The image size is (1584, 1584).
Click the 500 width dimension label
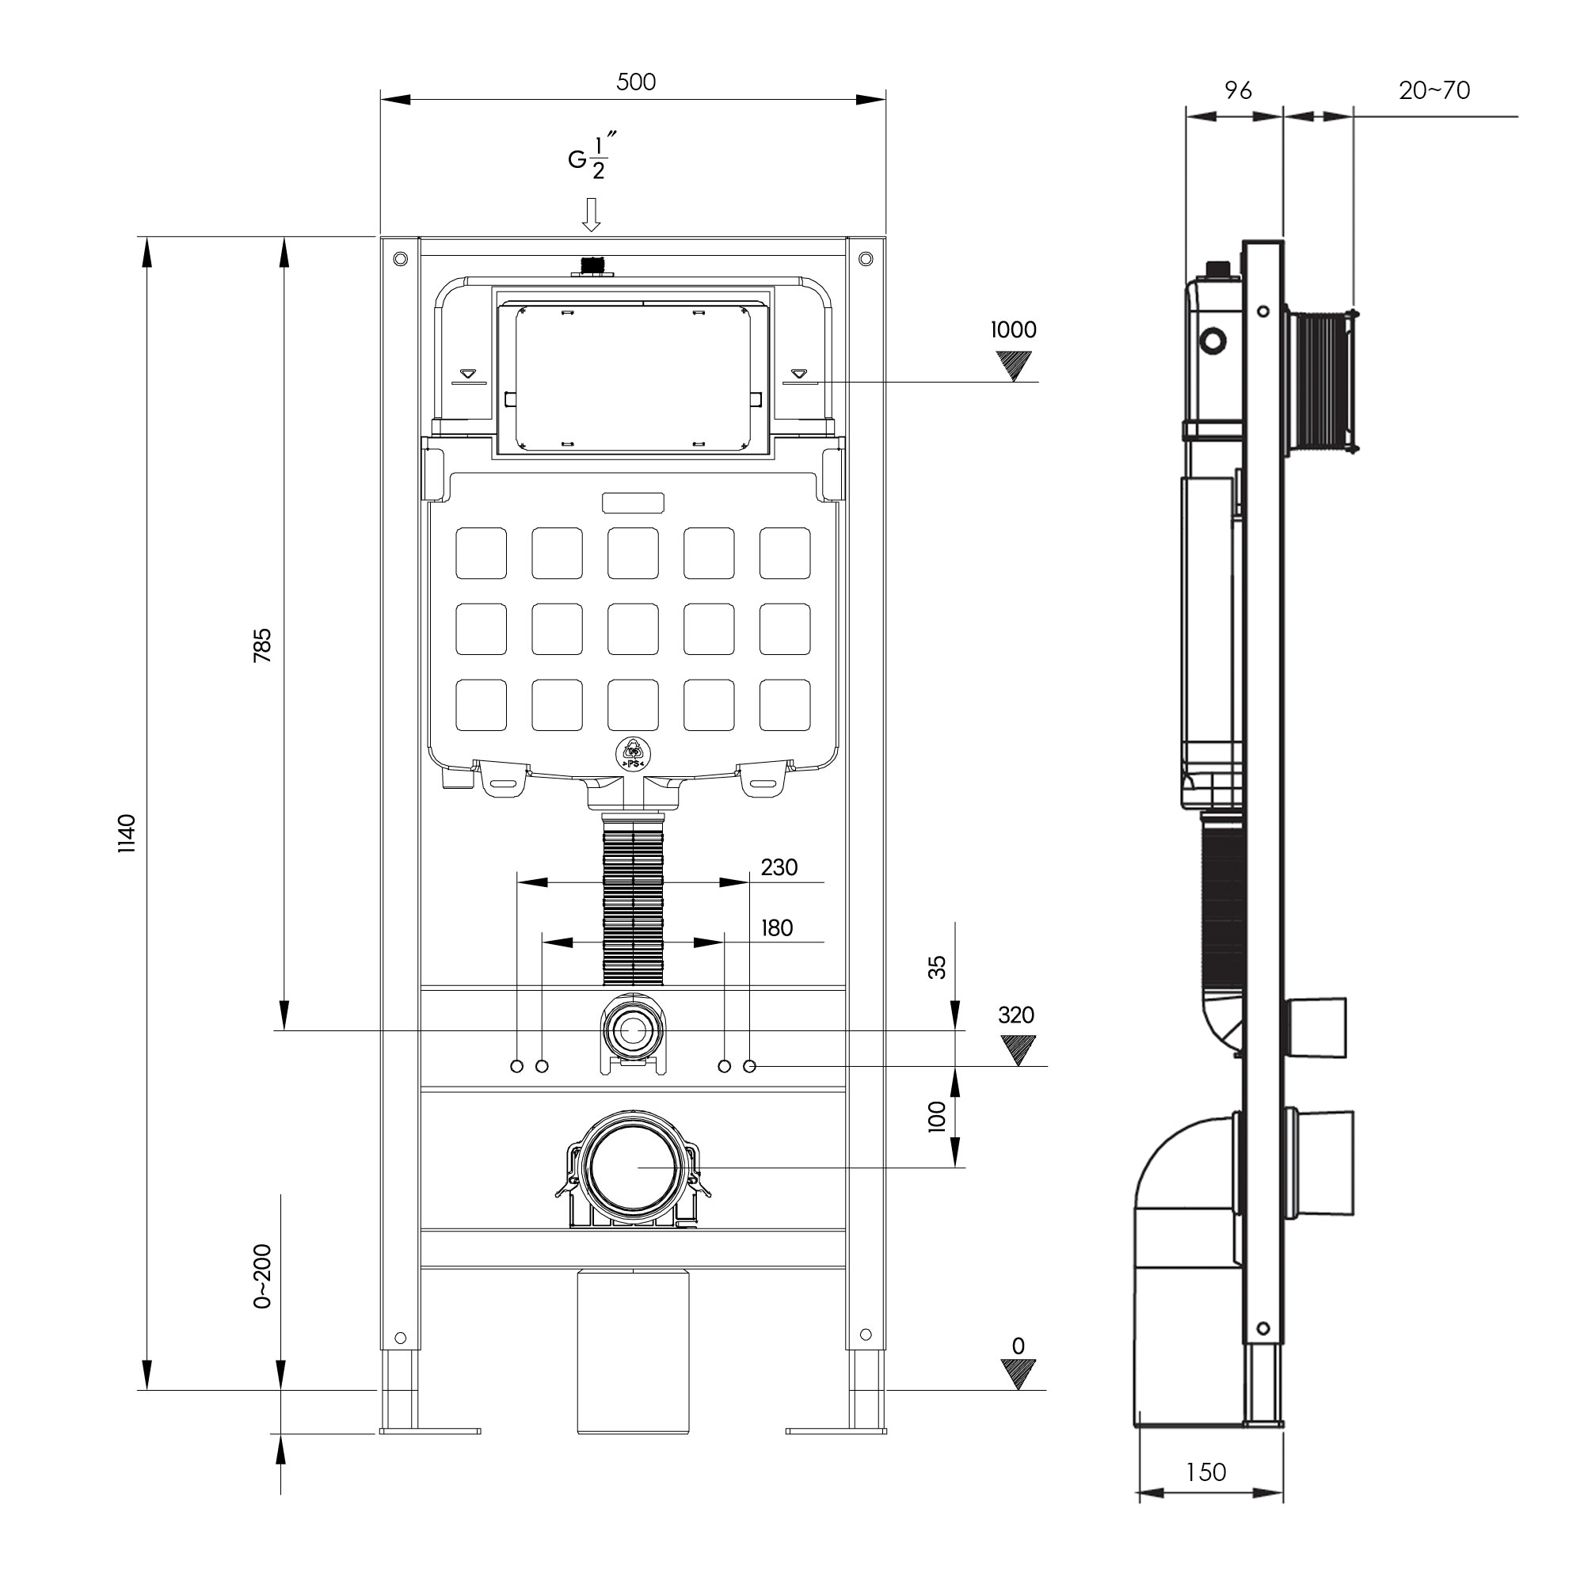(635, 82)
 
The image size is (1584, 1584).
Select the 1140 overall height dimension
(126, 834)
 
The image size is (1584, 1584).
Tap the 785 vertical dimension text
(261, 645)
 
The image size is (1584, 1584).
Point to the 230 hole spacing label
(778, 867)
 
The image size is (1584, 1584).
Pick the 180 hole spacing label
(776, 928)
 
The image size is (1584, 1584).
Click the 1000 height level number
(1014, 329)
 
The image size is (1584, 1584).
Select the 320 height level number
(1016, 1015)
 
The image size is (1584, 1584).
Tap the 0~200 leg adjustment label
(261, 1277)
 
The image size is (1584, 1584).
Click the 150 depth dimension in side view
(1206, 1472)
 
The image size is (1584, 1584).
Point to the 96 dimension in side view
(1237, 90)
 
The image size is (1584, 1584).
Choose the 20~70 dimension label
(1434, 90)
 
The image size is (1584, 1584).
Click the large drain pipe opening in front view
(633, 1167)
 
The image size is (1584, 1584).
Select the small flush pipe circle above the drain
(632, 1031)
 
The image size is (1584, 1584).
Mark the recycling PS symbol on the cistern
(633, 752)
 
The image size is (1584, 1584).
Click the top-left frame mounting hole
(400, 259)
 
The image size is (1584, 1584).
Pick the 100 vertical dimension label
(936, 1117)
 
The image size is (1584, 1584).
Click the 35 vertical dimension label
(936, 968)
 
